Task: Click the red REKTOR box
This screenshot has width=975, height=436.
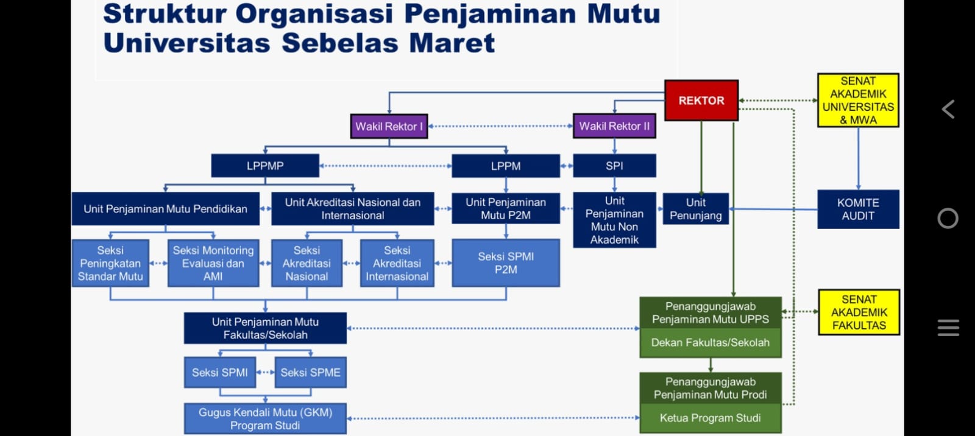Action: tap(701, 100)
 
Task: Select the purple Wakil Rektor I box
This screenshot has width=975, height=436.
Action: tap(389, 127)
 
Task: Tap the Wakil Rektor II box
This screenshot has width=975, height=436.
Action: tap(614, 126)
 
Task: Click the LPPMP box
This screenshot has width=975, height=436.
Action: tap(265, 166)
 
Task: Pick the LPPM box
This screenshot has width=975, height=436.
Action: tap(506, 166)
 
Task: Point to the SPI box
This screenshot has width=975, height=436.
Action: tap(614, 166)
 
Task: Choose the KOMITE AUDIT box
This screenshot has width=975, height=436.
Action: tap(858, 209)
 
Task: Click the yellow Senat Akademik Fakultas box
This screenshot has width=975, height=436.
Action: tap(859, 312)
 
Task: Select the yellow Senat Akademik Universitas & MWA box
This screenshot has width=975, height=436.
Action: tap(858, 100)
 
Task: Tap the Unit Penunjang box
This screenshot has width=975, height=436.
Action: tap(696, 209)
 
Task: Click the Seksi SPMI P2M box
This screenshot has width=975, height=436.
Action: tap(506, 263)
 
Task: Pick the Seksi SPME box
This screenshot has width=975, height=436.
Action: tap(311, 373)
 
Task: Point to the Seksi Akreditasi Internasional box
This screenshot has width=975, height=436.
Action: tap(397, 263)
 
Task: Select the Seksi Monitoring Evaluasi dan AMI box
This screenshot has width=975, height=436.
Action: tap(213, 263)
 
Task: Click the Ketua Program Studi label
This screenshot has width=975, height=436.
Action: tap(711, 418)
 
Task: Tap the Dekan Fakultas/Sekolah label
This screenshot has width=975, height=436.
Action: tap(711, 343)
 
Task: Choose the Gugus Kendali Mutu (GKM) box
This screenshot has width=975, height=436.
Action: tap(265, 419)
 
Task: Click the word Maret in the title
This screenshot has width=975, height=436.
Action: tap(452, 43)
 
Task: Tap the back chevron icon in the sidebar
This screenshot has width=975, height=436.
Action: tap(948, 110)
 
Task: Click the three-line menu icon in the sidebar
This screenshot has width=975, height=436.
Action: tap(948, 328)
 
